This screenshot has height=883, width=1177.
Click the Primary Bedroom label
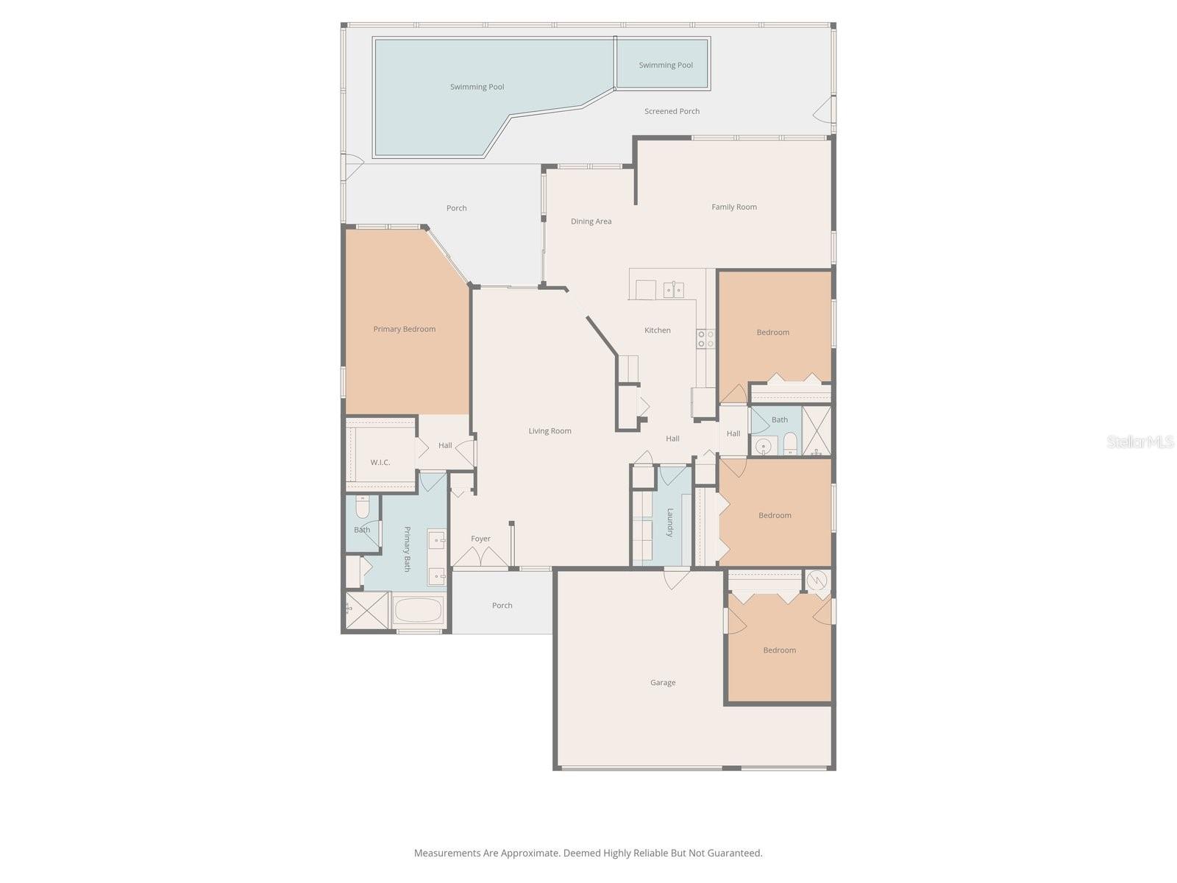pyautogui.click(x=404, y=329)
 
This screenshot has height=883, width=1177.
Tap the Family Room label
pyautogui.click(x=733, y=207)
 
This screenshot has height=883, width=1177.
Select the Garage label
pyautogui.click(x=662, y=683)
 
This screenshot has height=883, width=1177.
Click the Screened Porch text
pyautogui.click(x=672, y=111)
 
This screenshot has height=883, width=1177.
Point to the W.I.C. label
pyautogui.click(x=380, y=462)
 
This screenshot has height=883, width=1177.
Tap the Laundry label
pyautogui.click(x=670, y=522)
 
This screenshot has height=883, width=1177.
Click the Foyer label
pyautogui.click(x=480, y=539)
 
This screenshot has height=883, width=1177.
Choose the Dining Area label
pyautogui.click(x=591, y=221)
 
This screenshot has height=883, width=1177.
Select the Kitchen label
pyautogui.click(x=657, y=330)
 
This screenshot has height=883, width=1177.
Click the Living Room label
pyautogui.click(x=550, y=431)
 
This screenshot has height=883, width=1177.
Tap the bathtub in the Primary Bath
pyautogui.click(x=418, y=610)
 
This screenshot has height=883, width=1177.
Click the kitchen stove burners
pyautogui.click(x=705, y=338)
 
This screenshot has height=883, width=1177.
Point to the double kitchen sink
pyautogui.click(x=674, y=290)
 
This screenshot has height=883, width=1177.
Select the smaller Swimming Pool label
pyautogui.click(x=665, y=65)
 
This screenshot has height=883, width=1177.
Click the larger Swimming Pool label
pyautogui.click(x=477, y=87)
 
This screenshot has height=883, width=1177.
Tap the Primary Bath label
pyautogui.click(x=407, y=549)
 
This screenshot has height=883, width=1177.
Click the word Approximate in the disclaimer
pyautogui.click(x=529, y=854)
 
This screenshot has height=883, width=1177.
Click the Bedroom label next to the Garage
pyautogui.click(x=779, y=650)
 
